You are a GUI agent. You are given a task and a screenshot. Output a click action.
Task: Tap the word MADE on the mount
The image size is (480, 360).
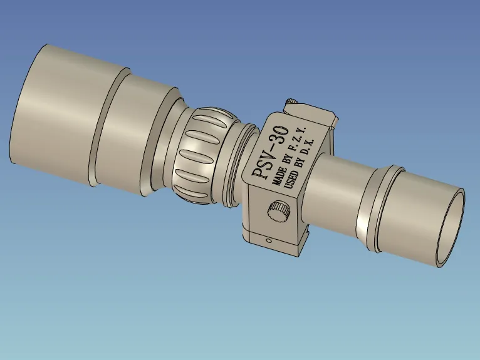(279, 176)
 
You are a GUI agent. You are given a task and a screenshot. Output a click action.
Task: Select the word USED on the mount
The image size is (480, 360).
(291, 180)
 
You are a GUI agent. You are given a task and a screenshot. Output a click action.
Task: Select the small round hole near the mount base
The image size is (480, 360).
(269, 240)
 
